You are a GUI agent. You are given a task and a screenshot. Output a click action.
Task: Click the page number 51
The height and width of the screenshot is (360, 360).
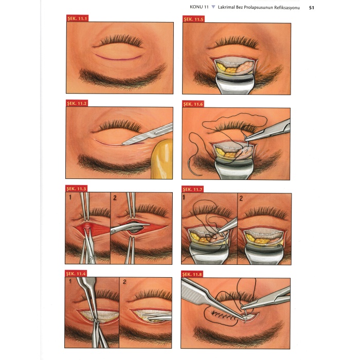311,8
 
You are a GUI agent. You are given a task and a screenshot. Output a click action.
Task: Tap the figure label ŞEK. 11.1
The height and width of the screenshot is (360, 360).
77,19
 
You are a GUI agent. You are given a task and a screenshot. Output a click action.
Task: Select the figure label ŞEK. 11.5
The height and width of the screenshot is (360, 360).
193,20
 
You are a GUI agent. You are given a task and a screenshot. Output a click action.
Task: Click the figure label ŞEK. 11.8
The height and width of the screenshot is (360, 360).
192,274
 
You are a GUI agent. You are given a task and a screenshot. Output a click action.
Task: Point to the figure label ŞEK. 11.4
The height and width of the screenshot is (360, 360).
76,274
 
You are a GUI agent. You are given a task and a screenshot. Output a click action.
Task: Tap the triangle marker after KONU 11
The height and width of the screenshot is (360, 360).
213,7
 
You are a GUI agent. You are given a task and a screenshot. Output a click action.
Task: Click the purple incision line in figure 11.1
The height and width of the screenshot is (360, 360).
118,58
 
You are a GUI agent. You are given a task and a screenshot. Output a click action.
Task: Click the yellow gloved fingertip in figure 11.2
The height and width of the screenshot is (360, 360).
162,159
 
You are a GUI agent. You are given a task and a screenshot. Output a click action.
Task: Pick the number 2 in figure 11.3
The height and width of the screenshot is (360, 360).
115,197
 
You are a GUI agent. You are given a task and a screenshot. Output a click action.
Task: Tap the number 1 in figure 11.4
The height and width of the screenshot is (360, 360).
70,281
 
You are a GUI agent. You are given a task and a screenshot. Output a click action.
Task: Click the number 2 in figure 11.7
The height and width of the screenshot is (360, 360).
241,199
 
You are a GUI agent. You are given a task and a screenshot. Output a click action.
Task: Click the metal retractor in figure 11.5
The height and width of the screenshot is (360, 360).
235,84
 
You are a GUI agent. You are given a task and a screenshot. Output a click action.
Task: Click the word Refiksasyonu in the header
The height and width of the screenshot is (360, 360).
287,8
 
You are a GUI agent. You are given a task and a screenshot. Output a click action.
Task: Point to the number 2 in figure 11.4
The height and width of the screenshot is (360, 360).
124,282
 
